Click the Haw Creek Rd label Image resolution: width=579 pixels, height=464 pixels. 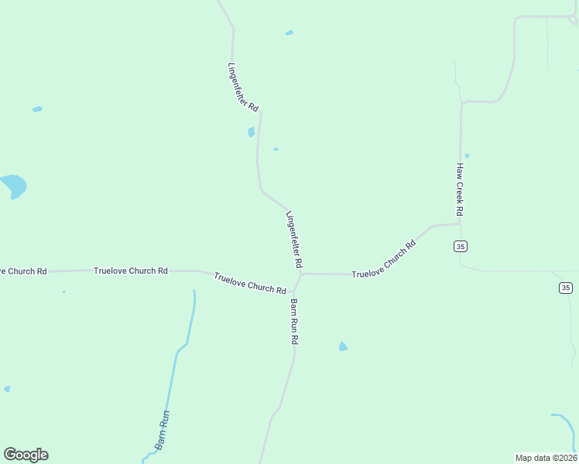[459, 189]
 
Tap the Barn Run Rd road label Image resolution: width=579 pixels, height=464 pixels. [294, 321]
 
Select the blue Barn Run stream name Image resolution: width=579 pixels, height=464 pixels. [162, 430]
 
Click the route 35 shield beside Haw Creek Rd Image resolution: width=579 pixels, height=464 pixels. [461, 246]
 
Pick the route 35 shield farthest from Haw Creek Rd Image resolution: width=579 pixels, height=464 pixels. [566, 288]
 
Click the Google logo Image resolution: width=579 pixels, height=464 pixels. [26, 455]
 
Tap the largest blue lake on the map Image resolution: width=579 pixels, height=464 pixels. [13, 186]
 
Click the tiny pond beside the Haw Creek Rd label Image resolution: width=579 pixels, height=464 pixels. [467, 156]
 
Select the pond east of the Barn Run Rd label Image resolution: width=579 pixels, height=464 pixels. [343, 346]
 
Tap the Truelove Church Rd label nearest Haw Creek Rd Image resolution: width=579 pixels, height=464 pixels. [384, 260]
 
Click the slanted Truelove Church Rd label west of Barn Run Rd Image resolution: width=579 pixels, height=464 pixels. [250, 283]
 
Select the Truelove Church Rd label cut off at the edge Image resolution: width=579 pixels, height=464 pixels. [22, 271]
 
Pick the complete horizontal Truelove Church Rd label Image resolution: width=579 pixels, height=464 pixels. [130, 271]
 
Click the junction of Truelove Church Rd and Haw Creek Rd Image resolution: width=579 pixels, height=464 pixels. [460, 225]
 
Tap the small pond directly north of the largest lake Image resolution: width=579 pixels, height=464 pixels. [37, 109]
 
